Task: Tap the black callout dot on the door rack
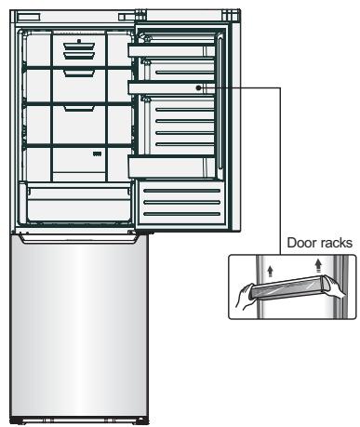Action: (198, 88)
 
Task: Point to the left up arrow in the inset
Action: (271, 271)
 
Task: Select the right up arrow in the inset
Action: (318, 266)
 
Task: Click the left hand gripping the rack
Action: (245, 297)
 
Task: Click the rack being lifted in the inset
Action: (289, 288)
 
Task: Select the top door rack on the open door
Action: (171, 51)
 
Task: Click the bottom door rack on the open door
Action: (171, 167)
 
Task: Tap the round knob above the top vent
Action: (79, 41)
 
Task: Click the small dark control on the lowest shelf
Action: (98, 153)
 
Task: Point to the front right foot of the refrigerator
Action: (141, 420)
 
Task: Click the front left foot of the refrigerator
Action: (16, 420)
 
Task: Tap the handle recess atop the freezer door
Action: (80, 238)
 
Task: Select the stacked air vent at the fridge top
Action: (79, 50)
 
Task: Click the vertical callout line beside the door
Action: (281, 171)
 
